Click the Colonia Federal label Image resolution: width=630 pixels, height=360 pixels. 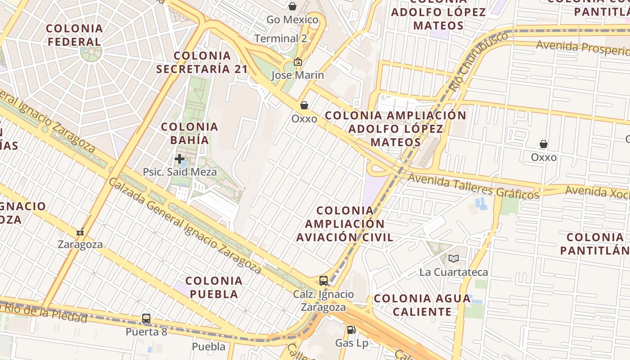click(x=74, y=35)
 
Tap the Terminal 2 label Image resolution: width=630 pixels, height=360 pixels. click(x=281, y=39)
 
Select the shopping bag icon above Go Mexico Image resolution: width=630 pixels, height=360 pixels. click(x=292, y=6)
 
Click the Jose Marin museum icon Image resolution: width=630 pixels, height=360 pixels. click(x=297, y=62)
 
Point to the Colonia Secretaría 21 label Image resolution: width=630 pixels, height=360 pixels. click(x=202, y=62)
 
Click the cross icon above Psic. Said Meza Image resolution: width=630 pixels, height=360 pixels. click(x=180, y=159)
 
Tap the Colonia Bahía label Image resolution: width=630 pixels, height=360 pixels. click(x=189, y=133)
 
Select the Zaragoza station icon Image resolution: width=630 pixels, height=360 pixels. click(x=80, y=233)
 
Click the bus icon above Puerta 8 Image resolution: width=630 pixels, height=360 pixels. click(x=146, y=319)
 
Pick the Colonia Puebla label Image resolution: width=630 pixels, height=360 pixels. click(x=214, y=287)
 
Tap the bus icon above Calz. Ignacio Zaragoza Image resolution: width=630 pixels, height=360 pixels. click(x=324, y=281)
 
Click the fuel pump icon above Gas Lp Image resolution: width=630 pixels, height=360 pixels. click(x=351, y=330)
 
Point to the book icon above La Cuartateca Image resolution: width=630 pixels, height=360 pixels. click(x=454, y=259)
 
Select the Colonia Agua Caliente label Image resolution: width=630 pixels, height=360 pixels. click(x=422, y=305)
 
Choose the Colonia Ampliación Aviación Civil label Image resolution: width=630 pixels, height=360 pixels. click(x=345, y=224)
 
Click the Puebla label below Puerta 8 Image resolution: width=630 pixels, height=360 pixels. click(x=209, y=346)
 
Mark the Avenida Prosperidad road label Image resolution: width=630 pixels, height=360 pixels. click(x=582, y=48)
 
